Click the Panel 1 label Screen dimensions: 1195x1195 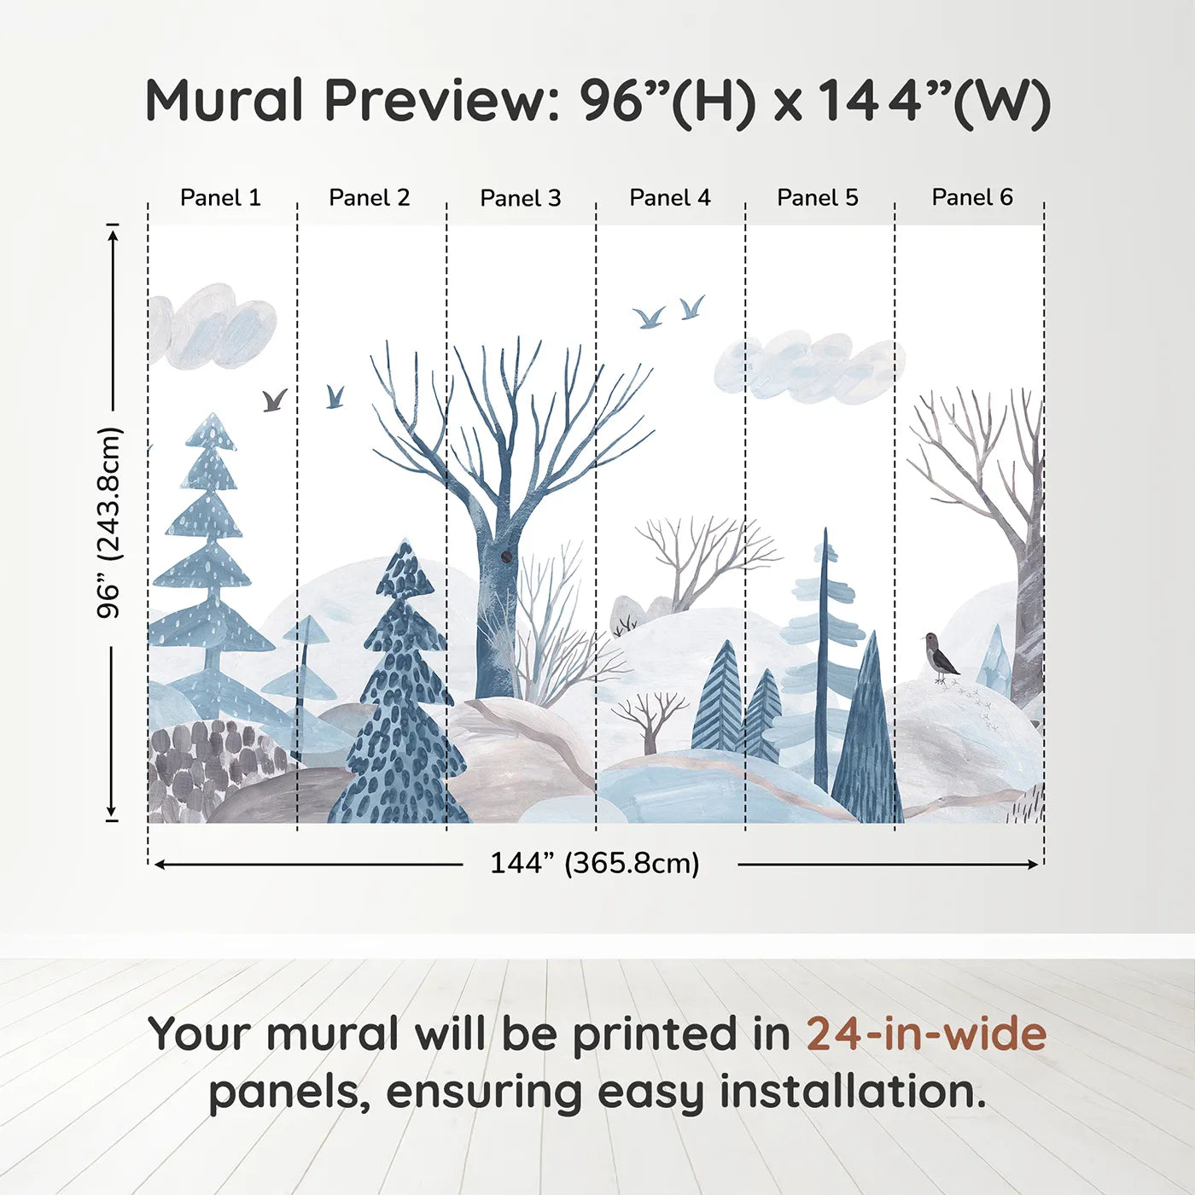pos(220,198)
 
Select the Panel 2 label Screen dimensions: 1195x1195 pos(369,198)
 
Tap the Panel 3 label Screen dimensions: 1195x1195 pos(520,198)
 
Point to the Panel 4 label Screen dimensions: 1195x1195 pos(669,198)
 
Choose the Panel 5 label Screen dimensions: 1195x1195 pos(817,198)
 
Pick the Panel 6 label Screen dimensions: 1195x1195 pos(971,198)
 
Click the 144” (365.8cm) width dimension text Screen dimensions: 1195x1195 pos(594,863)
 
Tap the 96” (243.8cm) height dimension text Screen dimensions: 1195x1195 pos(110,522)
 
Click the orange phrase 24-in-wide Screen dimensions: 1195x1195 pos(925,1034)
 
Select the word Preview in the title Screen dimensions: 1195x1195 pos(440,101)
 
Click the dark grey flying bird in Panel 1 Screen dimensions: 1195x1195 pos(274,399)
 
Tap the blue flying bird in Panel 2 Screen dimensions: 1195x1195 pos(335,396)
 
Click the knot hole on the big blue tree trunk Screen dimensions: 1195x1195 pos(506,557)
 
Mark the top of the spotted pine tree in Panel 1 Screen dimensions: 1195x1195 pos(211,418)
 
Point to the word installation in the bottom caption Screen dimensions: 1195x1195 pos(852,1092)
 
